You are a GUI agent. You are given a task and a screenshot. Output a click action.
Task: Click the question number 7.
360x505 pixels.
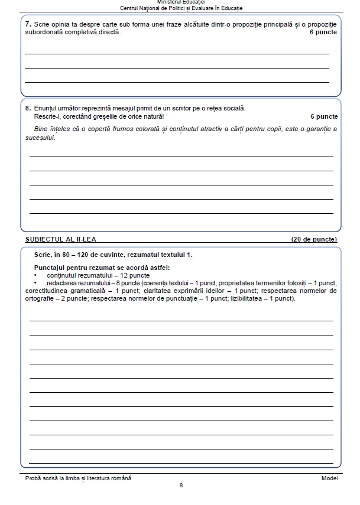tap(28, 24)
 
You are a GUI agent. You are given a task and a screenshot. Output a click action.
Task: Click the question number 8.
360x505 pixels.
tap(28, 108)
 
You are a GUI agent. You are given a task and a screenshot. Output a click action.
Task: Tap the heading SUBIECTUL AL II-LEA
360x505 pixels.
tap(61, 239)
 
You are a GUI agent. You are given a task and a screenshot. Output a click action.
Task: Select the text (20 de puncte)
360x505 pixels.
tap(314, 239)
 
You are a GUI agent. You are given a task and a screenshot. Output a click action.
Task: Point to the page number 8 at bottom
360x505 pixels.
tap(181, 486)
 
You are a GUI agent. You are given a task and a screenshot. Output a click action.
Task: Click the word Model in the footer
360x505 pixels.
tap(329, 477)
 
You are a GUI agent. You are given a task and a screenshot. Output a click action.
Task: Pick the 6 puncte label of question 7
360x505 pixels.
tap(323, 32)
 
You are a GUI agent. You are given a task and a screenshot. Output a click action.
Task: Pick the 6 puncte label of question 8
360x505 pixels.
tap(323, 116)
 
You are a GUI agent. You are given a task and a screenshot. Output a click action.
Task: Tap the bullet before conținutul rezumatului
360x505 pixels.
tap(36, 275)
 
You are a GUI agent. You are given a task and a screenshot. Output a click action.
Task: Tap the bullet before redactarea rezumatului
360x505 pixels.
tap(36, 283)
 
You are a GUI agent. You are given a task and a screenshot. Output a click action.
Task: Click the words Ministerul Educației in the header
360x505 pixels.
tap(180, 2)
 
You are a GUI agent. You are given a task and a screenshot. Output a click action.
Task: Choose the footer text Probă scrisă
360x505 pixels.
tap(45, 477)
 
